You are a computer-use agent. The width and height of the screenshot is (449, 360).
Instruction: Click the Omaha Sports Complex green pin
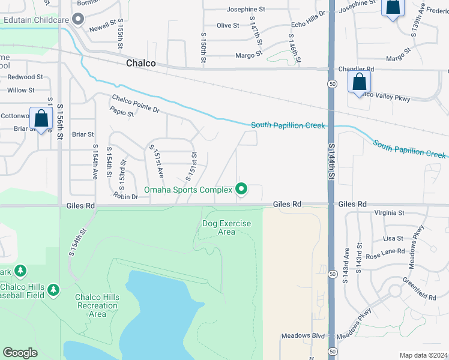click(242, 189)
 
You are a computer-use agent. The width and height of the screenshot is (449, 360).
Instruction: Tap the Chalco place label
click(141, 64)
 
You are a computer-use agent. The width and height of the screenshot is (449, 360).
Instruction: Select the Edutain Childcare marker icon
click(77, 20)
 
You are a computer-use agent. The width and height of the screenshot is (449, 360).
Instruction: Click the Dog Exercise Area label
click(226, 227)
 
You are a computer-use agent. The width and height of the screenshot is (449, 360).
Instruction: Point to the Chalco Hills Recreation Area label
click(97, 305)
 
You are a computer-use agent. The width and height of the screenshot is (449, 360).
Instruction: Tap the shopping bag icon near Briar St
click(41, 119)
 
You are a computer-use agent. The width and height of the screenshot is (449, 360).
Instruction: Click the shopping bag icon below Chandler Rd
click(359, 82)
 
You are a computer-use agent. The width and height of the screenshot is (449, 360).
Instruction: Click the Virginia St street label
click(389, 213)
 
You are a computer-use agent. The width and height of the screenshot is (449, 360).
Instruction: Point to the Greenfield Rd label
click(419, 280)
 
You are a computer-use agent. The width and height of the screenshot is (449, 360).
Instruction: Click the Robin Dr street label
click(125, 196)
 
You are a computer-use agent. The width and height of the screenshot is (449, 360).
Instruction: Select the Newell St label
click(102, 27)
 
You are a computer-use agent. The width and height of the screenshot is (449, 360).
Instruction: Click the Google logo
click(20, 353)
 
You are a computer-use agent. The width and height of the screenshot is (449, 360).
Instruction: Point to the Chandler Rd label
click(356, 69)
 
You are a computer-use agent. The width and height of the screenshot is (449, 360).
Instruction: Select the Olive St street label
click(228, 25)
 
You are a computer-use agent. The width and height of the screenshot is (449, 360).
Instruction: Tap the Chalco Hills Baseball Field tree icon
click(53, 290)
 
